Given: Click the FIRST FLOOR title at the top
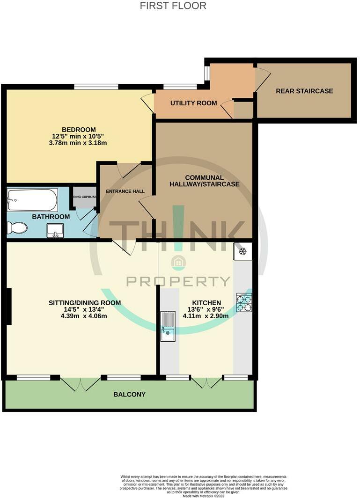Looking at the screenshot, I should tap(173, 6).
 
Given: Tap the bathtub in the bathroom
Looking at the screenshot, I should tap(32, 200).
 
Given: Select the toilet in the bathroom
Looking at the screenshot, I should tap(17, 228).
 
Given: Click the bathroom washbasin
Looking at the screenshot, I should tap(56, 230).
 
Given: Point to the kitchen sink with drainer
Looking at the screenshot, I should tap(168, 326).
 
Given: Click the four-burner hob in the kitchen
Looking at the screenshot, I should tap(244, 302).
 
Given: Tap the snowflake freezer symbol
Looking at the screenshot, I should tap(243, 251).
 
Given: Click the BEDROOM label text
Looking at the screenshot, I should tap(79, 130).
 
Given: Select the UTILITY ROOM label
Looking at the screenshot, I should tap(193, 103).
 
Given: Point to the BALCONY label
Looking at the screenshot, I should tap(129, 395).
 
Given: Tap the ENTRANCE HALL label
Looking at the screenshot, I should tap(125, 191).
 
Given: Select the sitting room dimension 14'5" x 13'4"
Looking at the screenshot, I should tap(85, 309).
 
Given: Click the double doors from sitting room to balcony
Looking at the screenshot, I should tap(80, 384).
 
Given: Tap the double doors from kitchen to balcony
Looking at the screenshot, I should tap(206, 382).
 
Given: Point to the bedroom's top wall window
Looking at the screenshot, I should tap(96, 87).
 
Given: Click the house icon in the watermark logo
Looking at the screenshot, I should tap(178, 263).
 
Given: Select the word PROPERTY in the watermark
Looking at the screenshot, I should tap(178, 281).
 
